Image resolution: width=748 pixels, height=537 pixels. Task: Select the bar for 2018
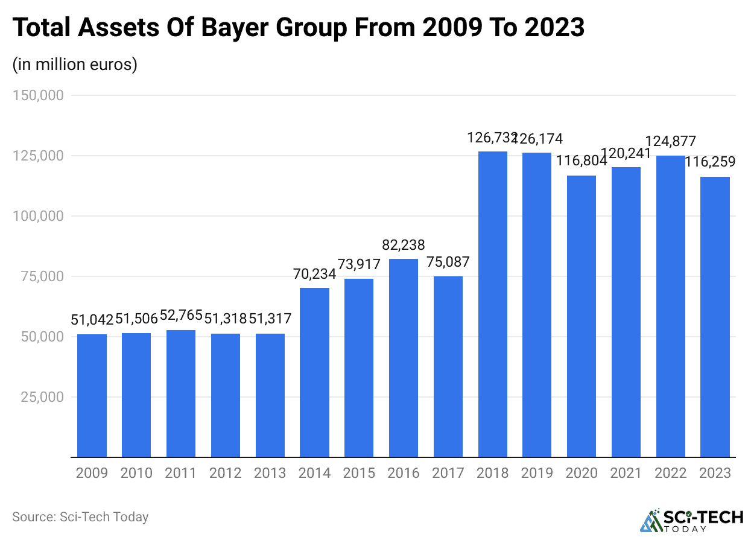click(492, 304)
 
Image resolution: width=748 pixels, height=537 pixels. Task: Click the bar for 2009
click(92, 395)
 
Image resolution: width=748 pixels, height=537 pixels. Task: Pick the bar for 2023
click(715, 317)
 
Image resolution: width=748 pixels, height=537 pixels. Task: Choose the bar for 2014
click(314, 372)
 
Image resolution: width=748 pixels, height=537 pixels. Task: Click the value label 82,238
click(404, 245)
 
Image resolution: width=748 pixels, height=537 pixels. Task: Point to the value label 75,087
click(448, 262)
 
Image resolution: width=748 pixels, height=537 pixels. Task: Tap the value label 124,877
click(670, 142)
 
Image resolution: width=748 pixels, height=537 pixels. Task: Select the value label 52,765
click(181, 316)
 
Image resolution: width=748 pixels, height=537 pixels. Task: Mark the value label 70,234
click(314, 274)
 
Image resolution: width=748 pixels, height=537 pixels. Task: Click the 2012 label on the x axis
click(226, 473)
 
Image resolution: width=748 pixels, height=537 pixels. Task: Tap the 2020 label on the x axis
click(582, 473)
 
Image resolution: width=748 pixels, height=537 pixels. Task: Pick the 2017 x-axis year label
click(448, 473)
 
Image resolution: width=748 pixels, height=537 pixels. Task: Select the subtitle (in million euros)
click(75, 64)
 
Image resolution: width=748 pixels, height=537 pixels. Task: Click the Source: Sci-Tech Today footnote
click(80, 517)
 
